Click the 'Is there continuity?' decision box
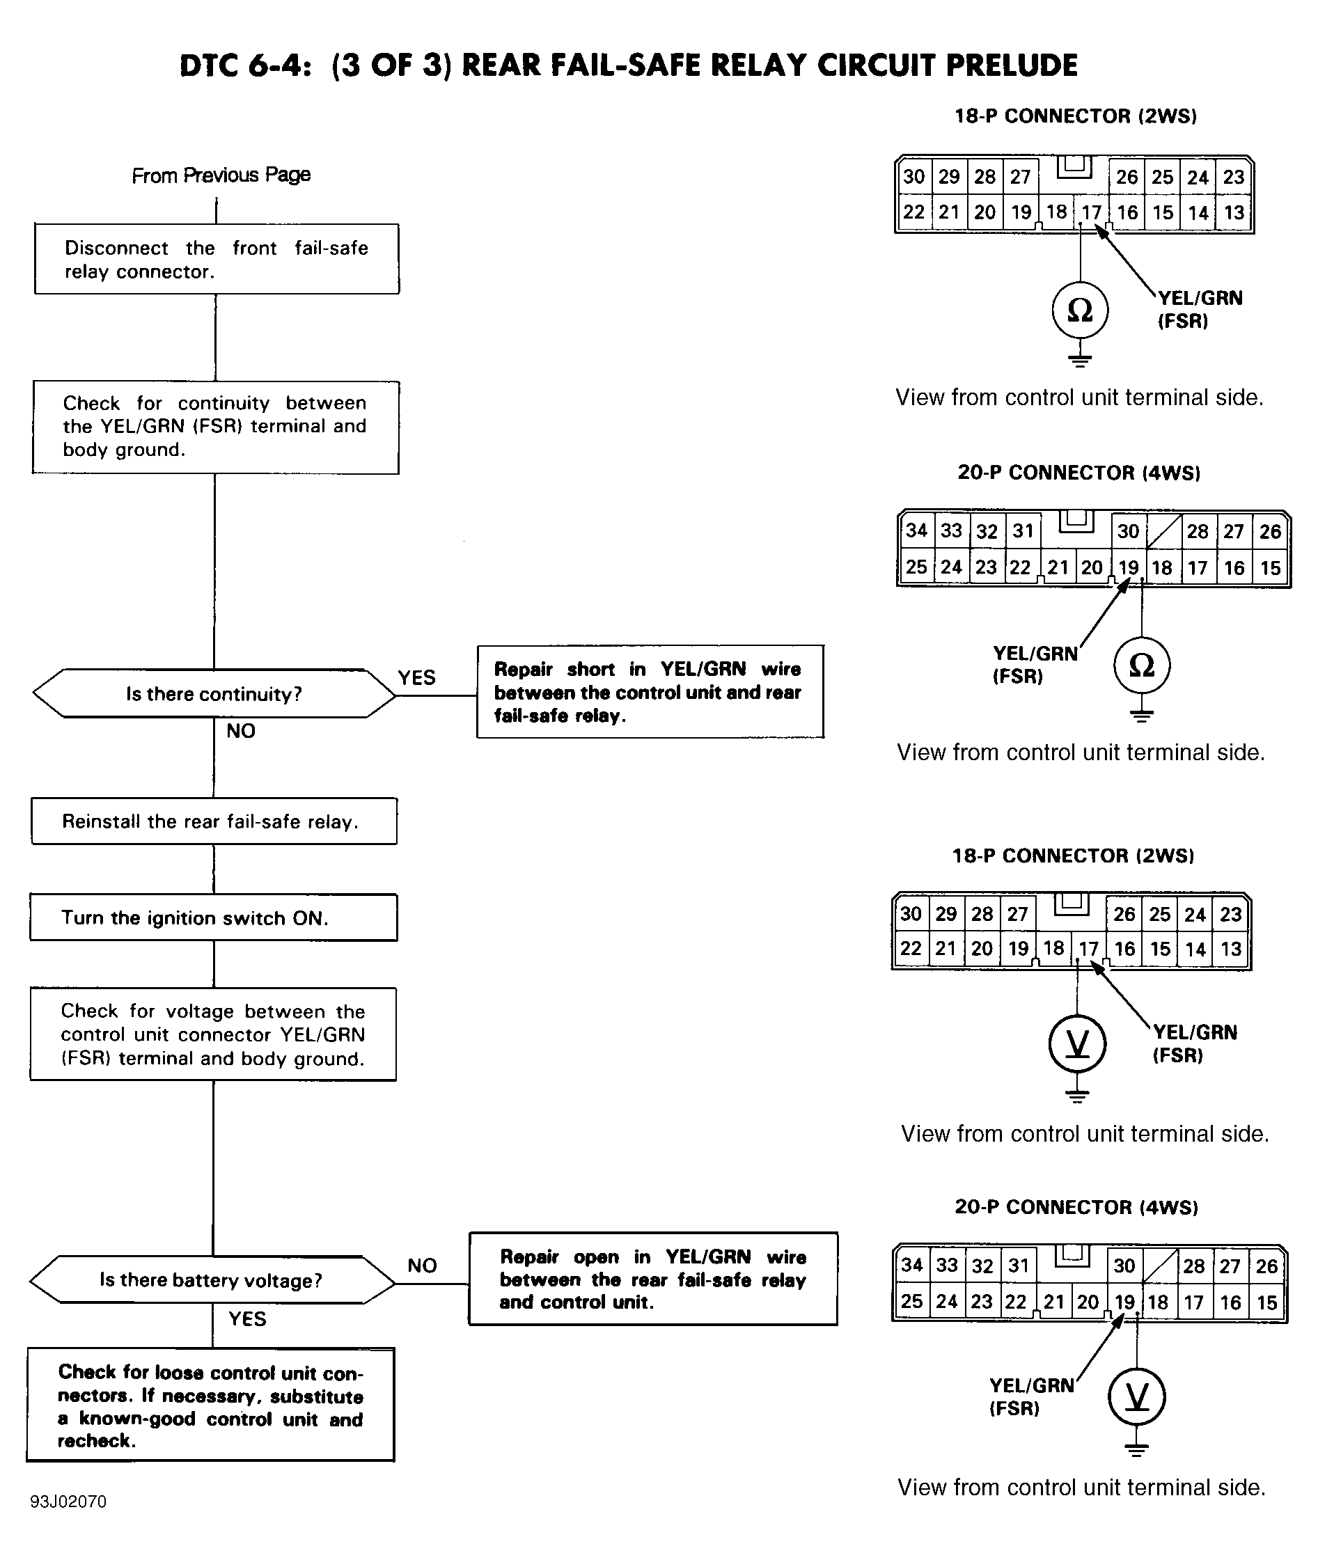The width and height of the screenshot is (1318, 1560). [x=214, y=693]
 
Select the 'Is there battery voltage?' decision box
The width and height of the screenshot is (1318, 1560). [x=212, y=1280]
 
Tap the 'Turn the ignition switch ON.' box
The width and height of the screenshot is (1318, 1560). [x=214, y=917]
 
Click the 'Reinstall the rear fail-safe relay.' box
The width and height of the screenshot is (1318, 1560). [x=214, y=821]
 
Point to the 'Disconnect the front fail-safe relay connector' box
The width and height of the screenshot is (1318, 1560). [x=217, y=258]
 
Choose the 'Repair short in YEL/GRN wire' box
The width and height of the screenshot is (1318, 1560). [x=650, y=692]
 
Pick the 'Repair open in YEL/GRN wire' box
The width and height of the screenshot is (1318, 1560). [x=653, y=1279]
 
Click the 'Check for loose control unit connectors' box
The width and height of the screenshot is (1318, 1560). [x=211, y=1405]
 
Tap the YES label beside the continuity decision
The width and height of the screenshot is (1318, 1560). [x=416, y=677]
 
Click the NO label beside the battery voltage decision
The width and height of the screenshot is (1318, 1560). [x=422, y=1266]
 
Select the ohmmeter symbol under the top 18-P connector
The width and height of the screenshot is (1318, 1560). [x=1080, y=310]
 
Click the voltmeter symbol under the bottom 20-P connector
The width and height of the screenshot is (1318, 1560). [x=1136, y=1396]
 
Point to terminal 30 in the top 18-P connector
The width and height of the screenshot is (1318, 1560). [x=913, y=177]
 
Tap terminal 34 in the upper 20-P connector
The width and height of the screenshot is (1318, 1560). [x=916, y=530]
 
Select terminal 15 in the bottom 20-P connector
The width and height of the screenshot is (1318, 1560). [x=1267, y=1302]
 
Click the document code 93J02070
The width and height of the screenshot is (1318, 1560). [x=68, y=1502]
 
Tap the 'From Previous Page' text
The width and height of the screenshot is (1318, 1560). [x=221, y=175]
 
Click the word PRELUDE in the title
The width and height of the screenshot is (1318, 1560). [x=1012, y=65]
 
